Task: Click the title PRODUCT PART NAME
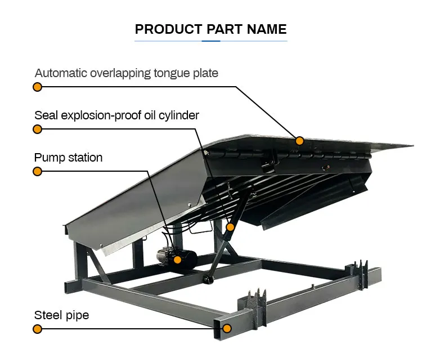click(x=210, y=29)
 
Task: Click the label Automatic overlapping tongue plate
click(x=126, y=73)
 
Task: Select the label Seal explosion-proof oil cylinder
click(x=116, y=115)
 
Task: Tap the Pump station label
click(x=68, y=158)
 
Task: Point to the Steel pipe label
click(x=61, y=315)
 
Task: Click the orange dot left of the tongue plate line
click(x=37, y=87)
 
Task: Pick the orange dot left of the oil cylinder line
click(x=37, y=129)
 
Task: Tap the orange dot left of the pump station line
click(x=37, y=171)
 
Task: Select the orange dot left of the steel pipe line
click(x=37, y=329)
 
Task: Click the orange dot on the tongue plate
click(x=300, y=141)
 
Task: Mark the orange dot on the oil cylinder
click(x=230, y=227)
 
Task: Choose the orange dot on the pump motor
click(x=178, y=260)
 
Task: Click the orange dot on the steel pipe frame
click(x=227, y=328)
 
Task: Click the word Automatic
click(x=60, y=73)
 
